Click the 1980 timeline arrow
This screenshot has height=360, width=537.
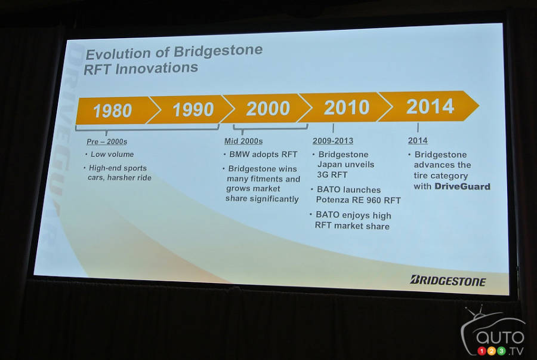coord(113,110)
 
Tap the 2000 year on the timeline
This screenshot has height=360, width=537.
coord(268,108)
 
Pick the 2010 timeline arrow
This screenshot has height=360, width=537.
coord(347,107)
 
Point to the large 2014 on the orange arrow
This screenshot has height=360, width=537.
coord(430,106)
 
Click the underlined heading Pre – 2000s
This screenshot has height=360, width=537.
coord(107,141)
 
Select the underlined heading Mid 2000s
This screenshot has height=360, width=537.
coord(243,141)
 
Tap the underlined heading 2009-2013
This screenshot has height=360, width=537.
coord(333,141)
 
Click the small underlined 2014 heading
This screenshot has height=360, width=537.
coord(418,140)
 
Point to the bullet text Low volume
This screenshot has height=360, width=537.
coord(112,154)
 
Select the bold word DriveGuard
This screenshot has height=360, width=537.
coord(462,186)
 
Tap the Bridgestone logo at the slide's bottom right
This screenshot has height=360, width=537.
coord(448,281)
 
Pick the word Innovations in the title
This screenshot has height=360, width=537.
coord(156,68)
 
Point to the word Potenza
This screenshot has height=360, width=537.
coord(331,199)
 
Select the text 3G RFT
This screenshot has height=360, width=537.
coord(332,175)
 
